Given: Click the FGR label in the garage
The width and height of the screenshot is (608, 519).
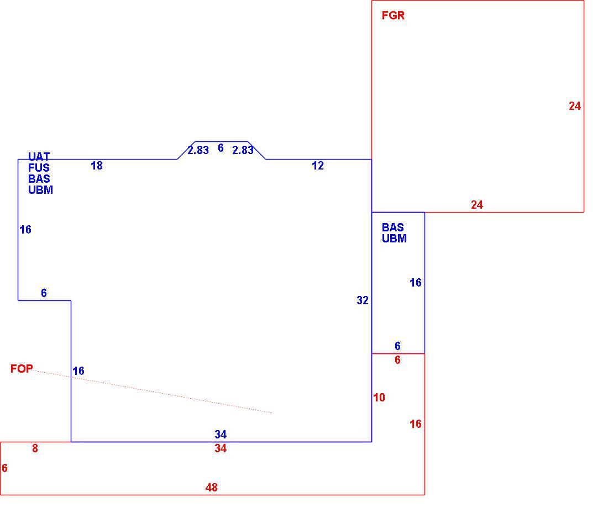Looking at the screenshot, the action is (x=393, y=15).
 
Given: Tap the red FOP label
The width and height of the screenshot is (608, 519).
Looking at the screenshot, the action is (x=22, y=368).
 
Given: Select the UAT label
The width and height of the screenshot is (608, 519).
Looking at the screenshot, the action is (x=39, y=156).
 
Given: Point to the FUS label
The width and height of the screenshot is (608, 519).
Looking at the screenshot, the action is (x=39, y=168).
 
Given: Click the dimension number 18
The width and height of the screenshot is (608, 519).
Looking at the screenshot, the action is (x=97, y=166).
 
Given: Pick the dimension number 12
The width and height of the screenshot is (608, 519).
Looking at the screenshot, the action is (x=318, y=166).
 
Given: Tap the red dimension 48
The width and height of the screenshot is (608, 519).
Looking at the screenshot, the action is (x=211, y=487).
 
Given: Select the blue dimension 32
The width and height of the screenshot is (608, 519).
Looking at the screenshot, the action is (x=363, y=300).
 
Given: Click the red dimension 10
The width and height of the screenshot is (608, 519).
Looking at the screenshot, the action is (x=379, y=398).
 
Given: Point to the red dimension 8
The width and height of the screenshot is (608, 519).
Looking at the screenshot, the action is (x=35, y=448).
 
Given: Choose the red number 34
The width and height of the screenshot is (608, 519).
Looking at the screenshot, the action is (x=221, y=448).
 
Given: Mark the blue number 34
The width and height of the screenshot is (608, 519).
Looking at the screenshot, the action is (x=221, y=434).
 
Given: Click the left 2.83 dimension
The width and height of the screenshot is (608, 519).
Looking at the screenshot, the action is (x=198, y=150).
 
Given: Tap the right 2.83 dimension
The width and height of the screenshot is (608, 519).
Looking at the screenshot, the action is (x=243, y=150).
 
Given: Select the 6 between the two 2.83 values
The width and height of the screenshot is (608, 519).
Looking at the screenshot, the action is (x=221, y=147).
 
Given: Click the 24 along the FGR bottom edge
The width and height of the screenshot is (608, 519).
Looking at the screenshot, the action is (x=477, y=204).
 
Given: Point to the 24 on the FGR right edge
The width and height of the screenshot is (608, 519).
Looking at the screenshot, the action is (x=575, y=106).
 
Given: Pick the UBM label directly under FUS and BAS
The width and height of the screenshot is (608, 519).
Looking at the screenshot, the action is (x=40, y=190).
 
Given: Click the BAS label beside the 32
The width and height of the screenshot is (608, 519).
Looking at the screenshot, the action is (x=393, y=227).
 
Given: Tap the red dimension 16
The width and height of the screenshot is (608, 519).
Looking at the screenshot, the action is (x=416, y=423).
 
